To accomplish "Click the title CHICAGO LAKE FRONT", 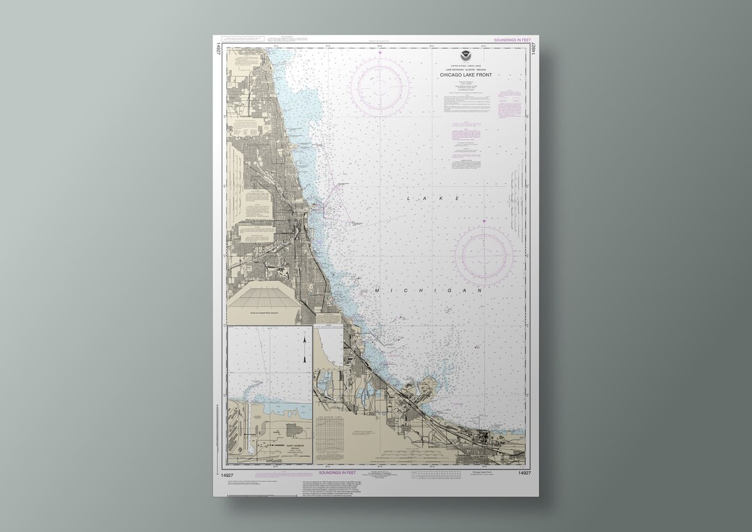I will [x=466, y=75].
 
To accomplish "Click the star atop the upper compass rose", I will [x=379, y=52].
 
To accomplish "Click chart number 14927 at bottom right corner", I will [x=524, y=473].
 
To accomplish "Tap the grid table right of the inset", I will [x=338, y=426].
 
